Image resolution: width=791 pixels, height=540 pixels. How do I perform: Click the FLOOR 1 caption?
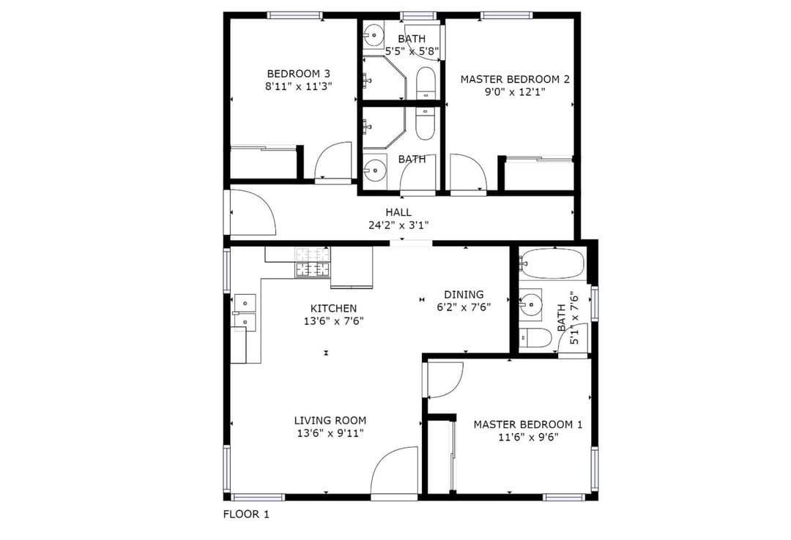(x=246, y=514)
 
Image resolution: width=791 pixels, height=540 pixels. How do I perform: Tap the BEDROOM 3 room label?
(x=299, y=74)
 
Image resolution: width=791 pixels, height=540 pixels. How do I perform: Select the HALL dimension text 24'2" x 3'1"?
(x=398, y=225)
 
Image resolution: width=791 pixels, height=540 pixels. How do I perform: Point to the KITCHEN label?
(x=333, y=308)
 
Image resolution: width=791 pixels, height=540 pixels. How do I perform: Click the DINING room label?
(x=464, y=294)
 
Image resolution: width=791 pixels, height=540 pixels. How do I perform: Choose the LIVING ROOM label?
(x=330, y=420)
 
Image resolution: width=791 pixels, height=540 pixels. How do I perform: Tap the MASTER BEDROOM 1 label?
(x=528, y=424)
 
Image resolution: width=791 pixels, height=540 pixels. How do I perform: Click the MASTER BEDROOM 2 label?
(x=515, y=79)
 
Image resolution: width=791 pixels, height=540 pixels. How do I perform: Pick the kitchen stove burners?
(x=313, y=263)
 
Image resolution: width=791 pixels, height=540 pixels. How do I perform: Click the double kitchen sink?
(x=245, y=312)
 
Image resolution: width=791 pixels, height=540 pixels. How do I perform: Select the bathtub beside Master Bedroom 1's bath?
(x=552, y=263)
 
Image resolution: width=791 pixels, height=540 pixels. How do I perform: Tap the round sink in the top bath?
(x=374, y=35)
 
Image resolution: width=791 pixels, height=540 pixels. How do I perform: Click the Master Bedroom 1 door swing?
(x=445, y=380)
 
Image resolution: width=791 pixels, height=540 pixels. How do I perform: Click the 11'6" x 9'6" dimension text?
(x=528, y=437)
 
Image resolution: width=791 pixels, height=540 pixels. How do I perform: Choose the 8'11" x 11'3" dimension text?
(x=299, y=86)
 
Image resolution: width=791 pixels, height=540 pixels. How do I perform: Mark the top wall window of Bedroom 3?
(x=294, y=15)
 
